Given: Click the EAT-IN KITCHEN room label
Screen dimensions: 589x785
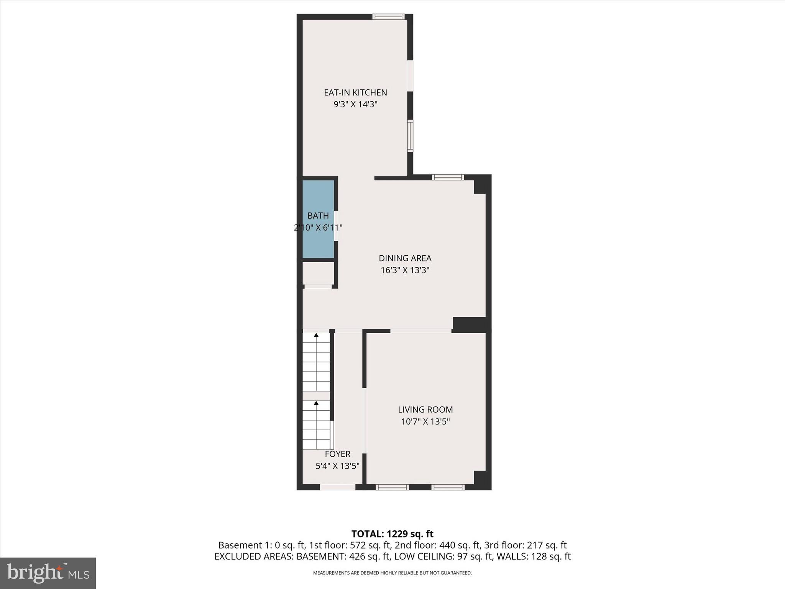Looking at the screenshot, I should pyautogui.click(x=355, y=92).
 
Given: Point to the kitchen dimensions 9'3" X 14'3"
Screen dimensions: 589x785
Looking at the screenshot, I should pyautogui.click(x=355, y=104).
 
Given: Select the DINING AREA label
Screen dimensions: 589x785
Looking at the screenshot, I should pyautogui.click(x=405, y=258).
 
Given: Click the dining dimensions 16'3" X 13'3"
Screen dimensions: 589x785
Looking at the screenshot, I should pyautogui.click(x=405, y=270).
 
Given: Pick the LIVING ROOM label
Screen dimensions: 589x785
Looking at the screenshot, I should pyautogui.click(x=425, y=410).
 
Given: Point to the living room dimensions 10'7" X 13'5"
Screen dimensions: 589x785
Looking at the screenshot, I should pyautogui.click(x=425, y=422).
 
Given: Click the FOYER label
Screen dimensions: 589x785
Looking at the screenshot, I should pyautogui.click(x=337, y=454).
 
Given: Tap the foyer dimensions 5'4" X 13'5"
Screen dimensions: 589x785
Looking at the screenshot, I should pyautogui.click(x=337, y=466).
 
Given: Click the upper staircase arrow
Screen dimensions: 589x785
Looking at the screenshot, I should pyautogui.click(x=316, y=335).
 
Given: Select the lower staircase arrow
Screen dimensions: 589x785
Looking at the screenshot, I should pyautogui.click(x=316, y=403).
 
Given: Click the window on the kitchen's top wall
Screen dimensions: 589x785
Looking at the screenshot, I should pyautogui.click(x=389, y=16).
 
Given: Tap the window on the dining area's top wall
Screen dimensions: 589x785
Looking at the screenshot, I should pyautogui.click(x=448, y=177).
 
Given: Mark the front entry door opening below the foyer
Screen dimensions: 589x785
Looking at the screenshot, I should pyautogui.click(x=337, y=487).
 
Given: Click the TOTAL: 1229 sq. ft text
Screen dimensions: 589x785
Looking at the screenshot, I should pyautogui.click(x=392, y=534).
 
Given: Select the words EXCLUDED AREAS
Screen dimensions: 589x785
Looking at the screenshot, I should pyautogui.click(x=253, y=556).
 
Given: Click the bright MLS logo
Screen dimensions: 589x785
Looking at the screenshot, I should pyautogui.click(x=48, y=573).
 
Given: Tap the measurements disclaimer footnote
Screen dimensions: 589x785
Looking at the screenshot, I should pyautogui.click(x=392, y=573).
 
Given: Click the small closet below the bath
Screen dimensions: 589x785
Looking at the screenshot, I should pyautogui.click(x=318, y=273).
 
